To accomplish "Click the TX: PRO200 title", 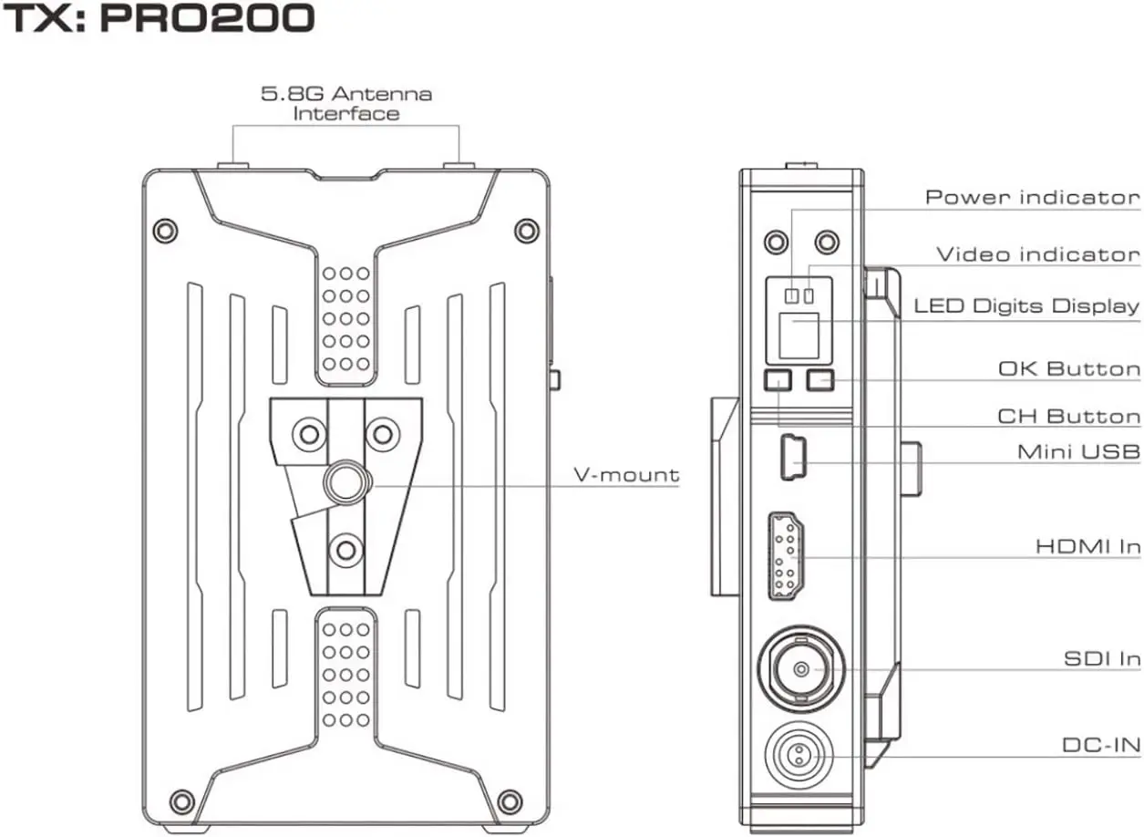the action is coord(159,18).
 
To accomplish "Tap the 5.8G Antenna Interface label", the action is coord(346,104).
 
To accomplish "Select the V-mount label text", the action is coord(626,475).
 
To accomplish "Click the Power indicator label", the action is coord(1033,197).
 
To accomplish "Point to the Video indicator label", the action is coord(1038,254).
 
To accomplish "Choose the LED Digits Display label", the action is coord(1026,305).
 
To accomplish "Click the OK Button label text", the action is coord(1069,368).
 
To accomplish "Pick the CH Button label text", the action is coord(1069,416).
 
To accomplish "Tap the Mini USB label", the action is coord(1078,451).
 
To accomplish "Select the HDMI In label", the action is coord(1087,546).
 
